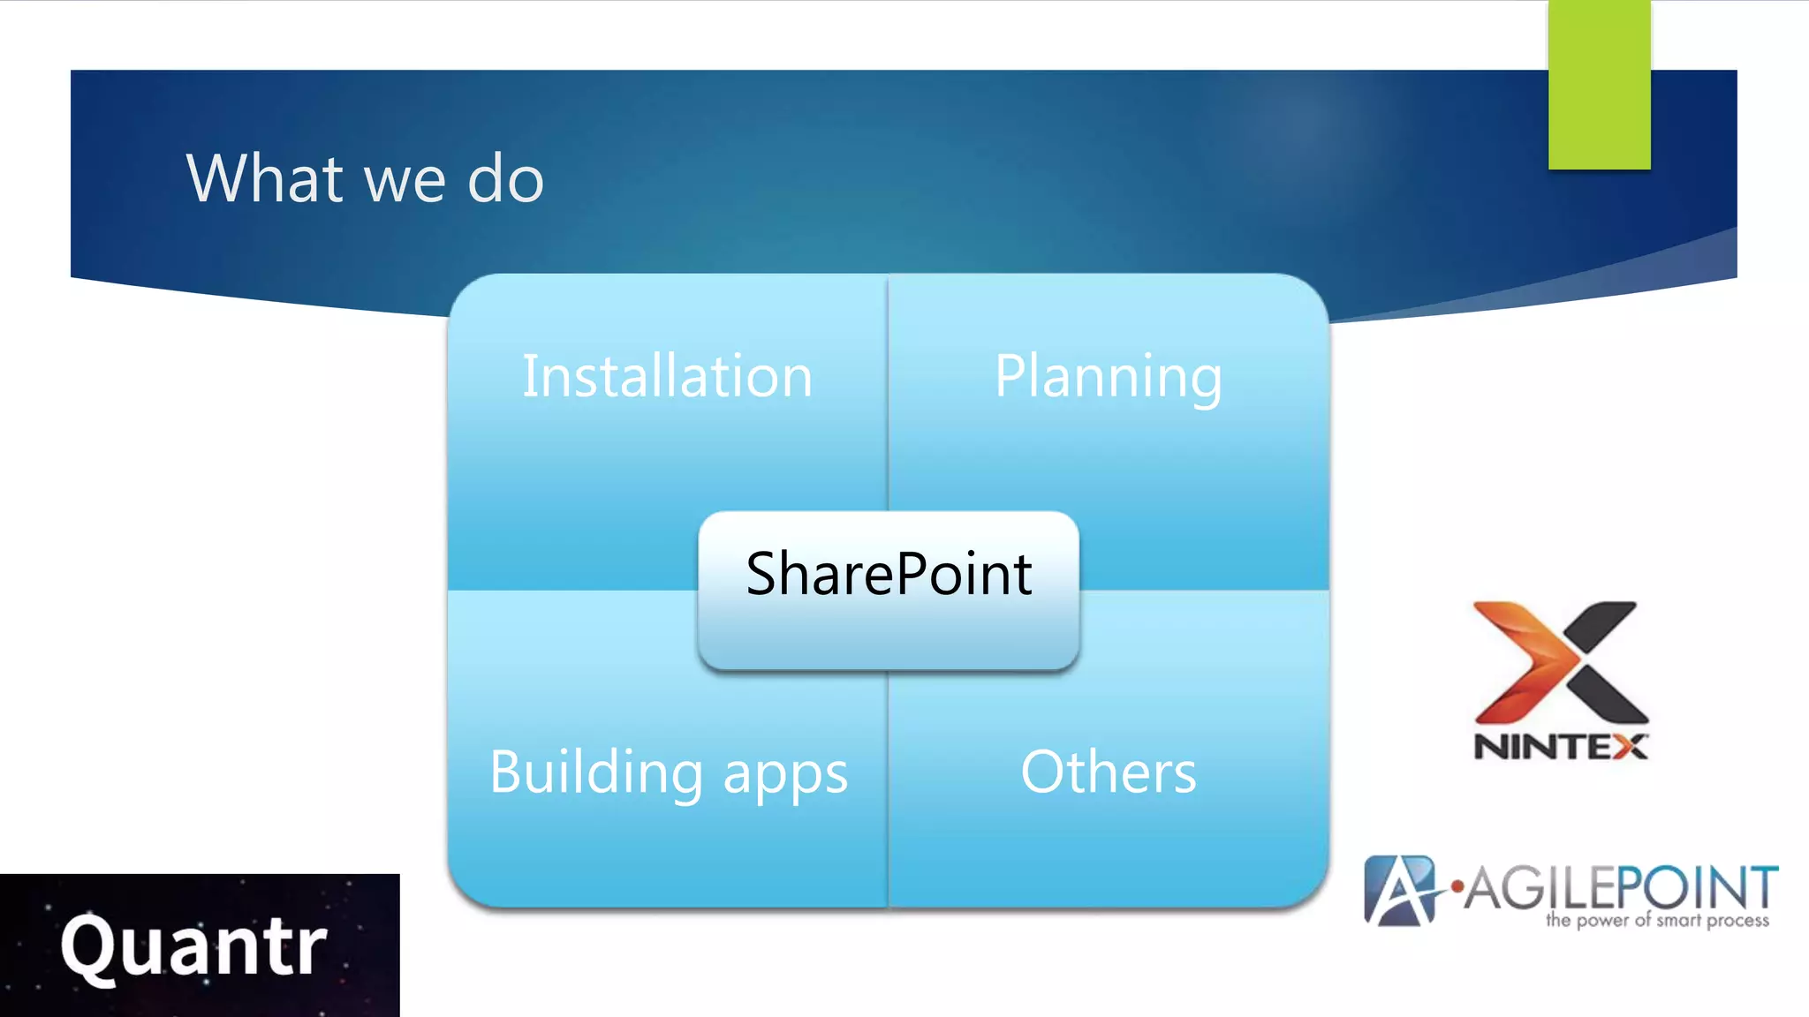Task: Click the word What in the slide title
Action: click(x=264, y=178)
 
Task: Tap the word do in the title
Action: click(x=505, y=178)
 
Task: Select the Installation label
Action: click(x=667, y=376)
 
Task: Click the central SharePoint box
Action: click(x=888, y=590)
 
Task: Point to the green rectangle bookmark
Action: click(x=1599, y=84)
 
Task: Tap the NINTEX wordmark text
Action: click(x=1560, y=747)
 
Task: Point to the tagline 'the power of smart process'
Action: click(x=1657, y=921)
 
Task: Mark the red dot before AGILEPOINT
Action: click(x=1457, y=885)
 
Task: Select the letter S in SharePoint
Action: click(x=764, y=574)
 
